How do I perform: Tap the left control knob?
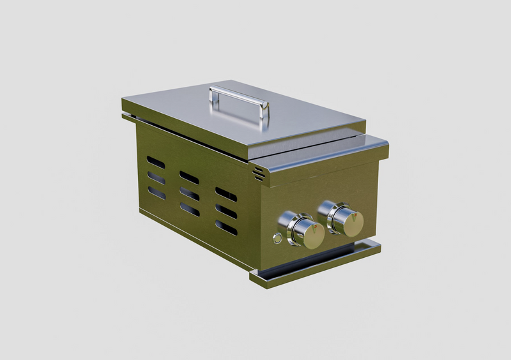coord(305,232)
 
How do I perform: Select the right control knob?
coord(346,220)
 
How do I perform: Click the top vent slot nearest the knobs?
coord(226,194)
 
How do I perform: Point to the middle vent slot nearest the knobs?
coord(226,211)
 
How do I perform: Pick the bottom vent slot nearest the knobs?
coord(226,227)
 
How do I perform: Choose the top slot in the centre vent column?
coord(189,177)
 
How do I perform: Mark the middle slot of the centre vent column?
coord(189,193)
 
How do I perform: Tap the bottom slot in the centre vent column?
coord(189,209)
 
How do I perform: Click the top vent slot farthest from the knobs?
coord(156,163)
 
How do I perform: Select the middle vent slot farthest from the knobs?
coord(156,178)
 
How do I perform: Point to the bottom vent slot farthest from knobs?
coord(156,193)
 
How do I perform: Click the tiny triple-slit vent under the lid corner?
coord(258,173)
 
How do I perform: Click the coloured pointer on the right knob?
coord(353,215)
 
